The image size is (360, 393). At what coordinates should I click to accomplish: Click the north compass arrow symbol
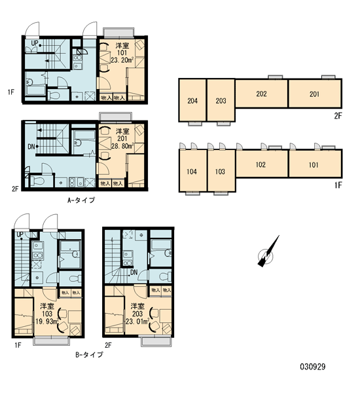click(x=268, y=252)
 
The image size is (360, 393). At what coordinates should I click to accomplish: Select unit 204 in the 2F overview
click(x=192, y=100)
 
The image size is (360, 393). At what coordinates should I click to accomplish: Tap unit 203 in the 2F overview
click(x=221, y=100)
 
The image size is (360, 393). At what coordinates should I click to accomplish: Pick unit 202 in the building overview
click(x=261, y=94)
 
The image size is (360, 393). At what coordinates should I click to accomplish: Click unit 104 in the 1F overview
click(x=192, y=171)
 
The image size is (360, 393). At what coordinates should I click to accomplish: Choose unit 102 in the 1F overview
click(x=261, y=164)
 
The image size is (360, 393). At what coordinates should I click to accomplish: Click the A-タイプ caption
click(x=81, y=200)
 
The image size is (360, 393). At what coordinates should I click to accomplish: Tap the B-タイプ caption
click(x=89, y=354)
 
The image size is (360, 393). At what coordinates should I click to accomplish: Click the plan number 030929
click(x=313, y=367)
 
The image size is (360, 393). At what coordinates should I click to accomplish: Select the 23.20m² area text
click(x=122, y=60)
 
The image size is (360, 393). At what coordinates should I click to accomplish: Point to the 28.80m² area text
click(x=122, y=146)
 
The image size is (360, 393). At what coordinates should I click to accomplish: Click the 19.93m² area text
click(x=47, y=321)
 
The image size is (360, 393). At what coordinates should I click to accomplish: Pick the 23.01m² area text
click(x=137, y=321)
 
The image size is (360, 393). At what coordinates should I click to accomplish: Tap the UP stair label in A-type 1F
click(x=35, y=43)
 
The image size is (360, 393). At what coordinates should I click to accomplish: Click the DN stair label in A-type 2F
click(x=31, y=147)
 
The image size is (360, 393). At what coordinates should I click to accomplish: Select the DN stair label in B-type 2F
click(x=134, y=272)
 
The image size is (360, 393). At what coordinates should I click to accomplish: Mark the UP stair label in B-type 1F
click(x=20, y=234)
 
